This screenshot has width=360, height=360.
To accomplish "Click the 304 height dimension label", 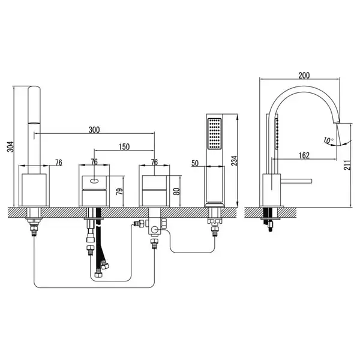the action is pyautogui.click(x=11, y=146).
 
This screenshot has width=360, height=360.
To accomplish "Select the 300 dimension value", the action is pyautogui.click(x=94, y=130).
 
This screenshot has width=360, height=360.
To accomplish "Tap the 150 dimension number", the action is pyautogui.click(x=124, y=147).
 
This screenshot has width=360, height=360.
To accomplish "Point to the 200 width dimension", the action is pyautogui.click(x=304, y=76).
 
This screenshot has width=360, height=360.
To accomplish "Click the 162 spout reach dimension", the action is pyautogui.click(x=304, y=155).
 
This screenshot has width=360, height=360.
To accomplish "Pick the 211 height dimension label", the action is pyautogui.click(x=347, y=165).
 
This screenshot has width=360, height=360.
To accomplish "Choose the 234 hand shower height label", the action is pyautogui.click(x=234, y=161).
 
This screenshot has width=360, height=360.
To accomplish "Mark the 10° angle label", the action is pyautogui.click(x=329, y=140).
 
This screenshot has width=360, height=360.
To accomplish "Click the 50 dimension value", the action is pyautogui.click(x=194, y=163).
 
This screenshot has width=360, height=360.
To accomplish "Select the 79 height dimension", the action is pyautogui.click(x=119, y=191).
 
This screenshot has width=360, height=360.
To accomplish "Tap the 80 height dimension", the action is pyautogui.click(x=176, y=191).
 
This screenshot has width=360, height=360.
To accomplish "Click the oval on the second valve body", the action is pyautogui.click(x=94, y=181).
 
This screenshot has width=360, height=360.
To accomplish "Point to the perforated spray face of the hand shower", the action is pyautogui.click(x=214, y=133).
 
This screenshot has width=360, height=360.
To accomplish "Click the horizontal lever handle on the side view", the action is pyautogui.click(x=296, y=181).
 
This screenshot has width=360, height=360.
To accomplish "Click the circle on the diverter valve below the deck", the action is pyautogui.click(x=155, y=229).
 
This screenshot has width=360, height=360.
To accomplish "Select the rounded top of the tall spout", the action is pyautogui.click(x=34, y=88).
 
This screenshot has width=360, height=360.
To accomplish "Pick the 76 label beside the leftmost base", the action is pyautogui.click(x=59, y=163).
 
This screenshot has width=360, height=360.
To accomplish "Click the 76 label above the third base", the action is pyautogui.click(x=155, y=162).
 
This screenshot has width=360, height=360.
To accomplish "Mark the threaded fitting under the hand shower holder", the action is pyautogui.click(x=215, y=231).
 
